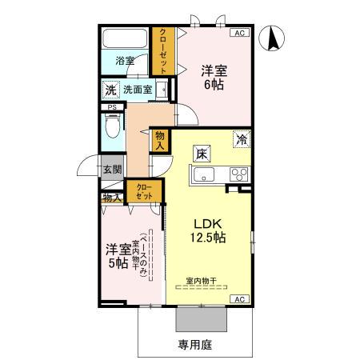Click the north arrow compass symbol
point(273,38)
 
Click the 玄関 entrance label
point(112,170)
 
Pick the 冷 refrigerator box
point(241,139)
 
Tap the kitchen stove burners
point(238,173)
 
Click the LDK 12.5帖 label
point(207,230)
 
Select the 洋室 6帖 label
point(214,78)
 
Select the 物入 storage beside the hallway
point(160,141)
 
